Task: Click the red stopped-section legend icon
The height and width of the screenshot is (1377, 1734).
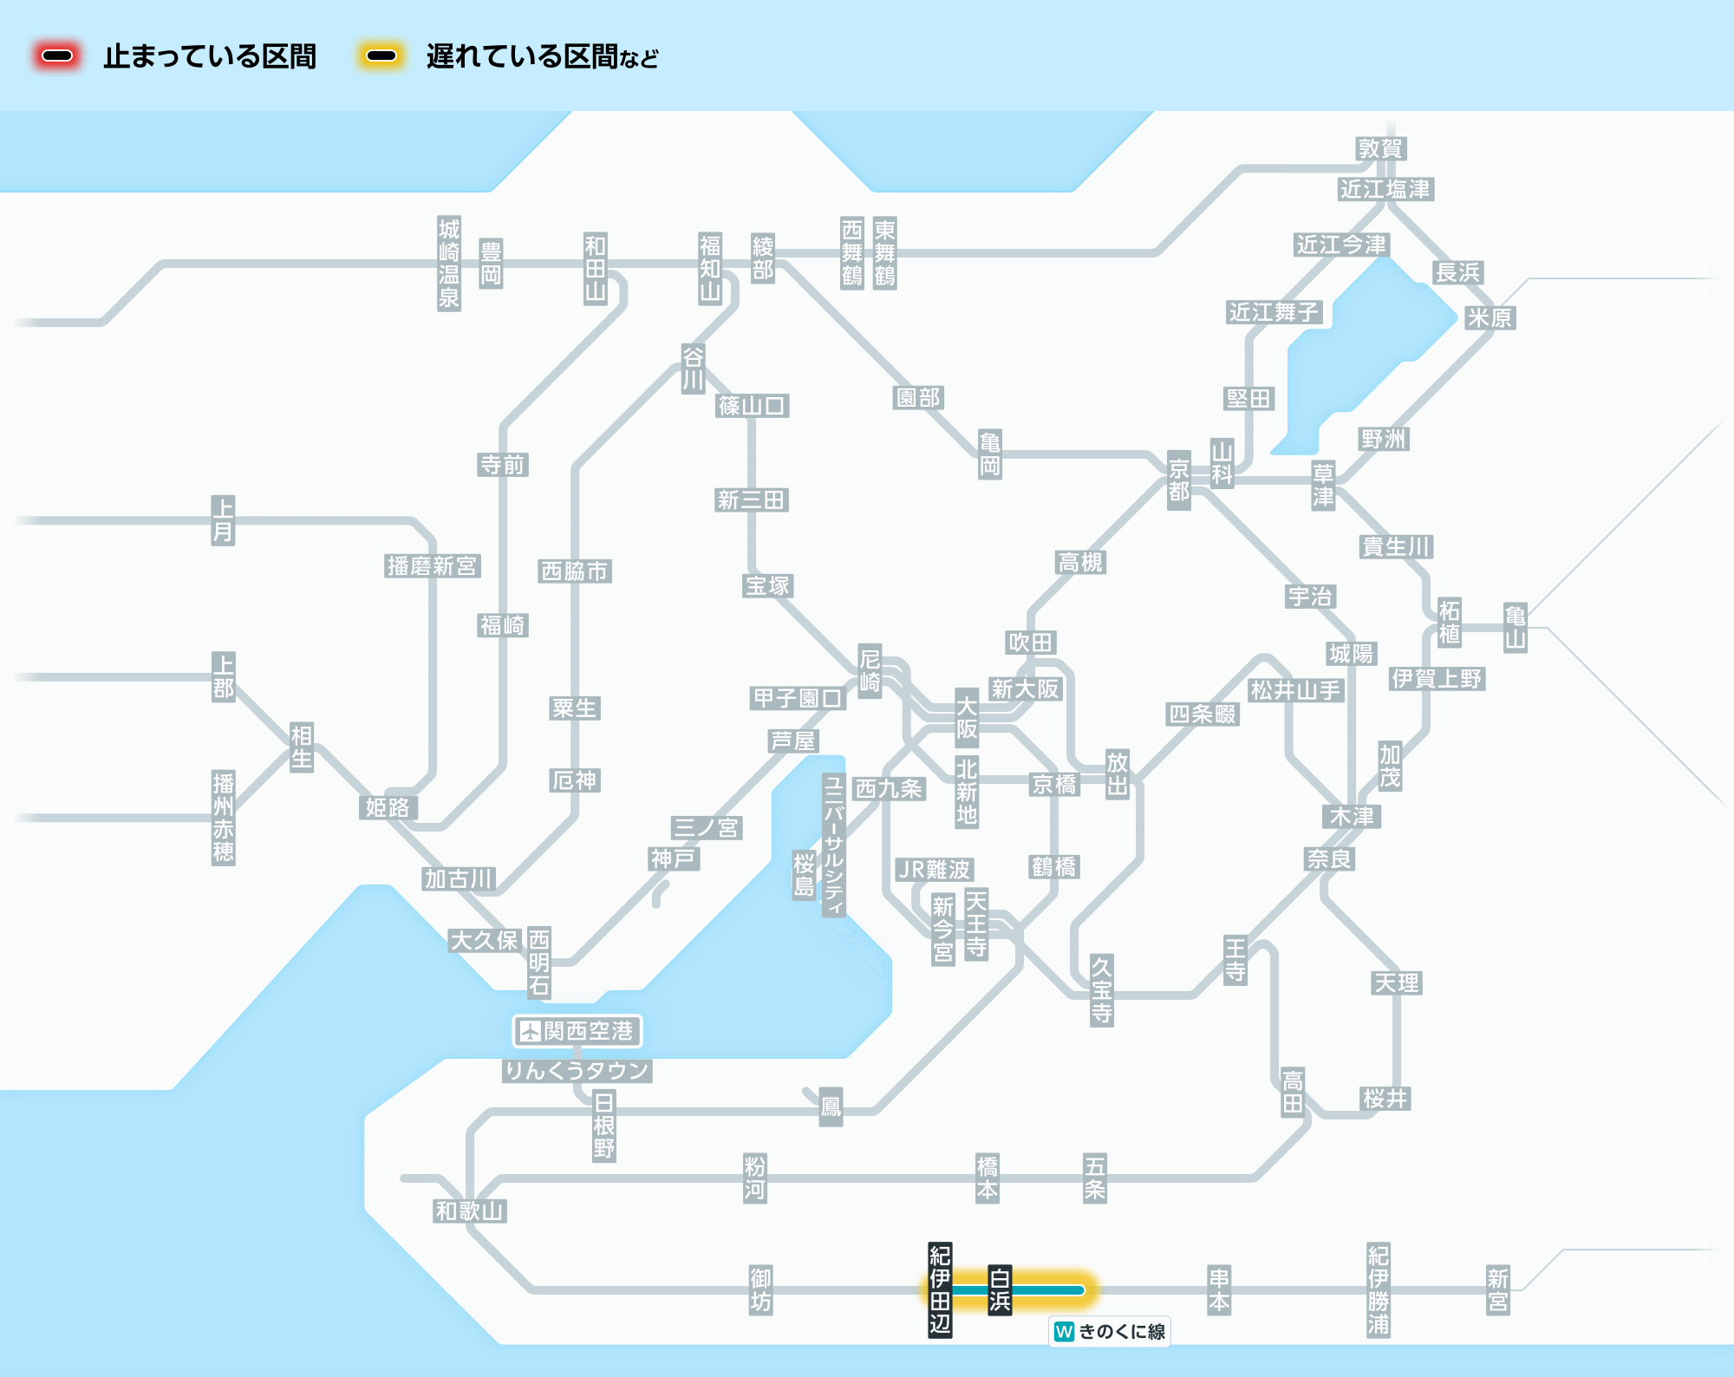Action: pyautogui.click(x=57, y=56)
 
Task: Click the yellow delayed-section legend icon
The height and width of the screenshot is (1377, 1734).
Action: pyautogui.click(x=381, y=56)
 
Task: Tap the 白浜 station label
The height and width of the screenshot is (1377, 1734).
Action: pyautogui.click(x=1000, y=1290)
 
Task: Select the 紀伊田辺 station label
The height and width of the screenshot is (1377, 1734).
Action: pyautogui.click(x=940, y=1290)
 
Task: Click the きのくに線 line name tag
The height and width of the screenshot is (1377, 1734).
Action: pyautogui.click(x=1110, y=1331)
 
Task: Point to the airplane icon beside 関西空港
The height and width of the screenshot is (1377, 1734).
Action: pyautogui.click(x=529, y=1031)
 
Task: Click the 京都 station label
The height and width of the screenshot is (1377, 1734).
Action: pyautogui.click(x=1179, y=480)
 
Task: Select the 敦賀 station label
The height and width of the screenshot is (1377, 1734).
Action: pyautogui.click(x=1380, y=148)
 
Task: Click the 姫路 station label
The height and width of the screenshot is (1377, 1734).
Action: pyautogui.click(x=388, y=807)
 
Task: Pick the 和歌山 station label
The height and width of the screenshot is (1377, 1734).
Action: pyautogui.click(x=470, y=1211)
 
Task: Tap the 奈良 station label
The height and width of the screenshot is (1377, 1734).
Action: pyautogui.click(x=1330, y=858)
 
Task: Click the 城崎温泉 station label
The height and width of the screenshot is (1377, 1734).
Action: pyautogui.click(x=449, y=264)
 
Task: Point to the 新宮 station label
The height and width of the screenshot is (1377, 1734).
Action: pyautogui.click(x=1498, y=1290)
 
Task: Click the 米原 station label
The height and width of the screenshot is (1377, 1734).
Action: pyautogui.click(x=1490, y=317)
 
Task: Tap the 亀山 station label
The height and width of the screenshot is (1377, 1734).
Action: pyautogui.click(x=1515, y=628)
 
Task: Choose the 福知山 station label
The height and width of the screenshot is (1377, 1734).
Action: pyautogui.click(x=711, y=268)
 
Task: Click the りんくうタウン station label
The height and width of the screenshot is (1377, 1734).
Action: pyautogui.click(x=577, y=1071)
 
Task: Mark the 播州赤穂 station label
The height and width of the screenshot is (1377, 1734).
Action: pyautogui.click(x=224, y=818)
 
